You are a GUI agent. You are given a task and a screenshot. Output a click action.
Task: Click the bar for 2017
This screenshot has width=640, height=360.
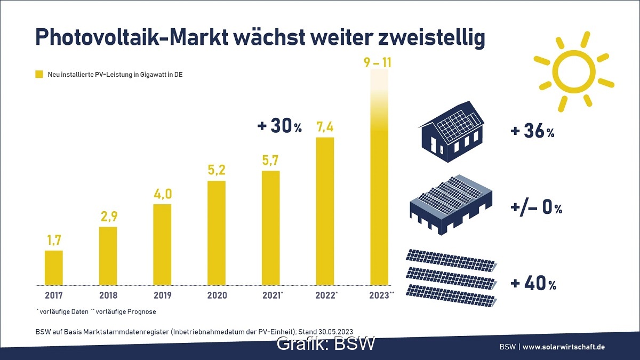pos(53,267)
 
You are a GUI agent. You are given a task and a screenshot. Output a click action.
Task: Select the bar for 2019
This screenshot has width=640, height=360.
pos(162,244)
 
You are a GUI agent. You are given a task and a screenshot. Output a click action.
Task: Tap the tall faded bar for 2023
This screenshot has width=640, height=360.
pos(379,181)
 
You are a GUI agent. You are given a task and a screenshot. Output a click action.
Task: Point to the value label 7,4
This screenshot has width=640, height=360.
pos(325,127)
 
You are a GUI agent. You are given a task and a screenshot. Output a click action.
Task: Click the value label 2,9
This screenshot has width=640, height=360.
pos(108,217)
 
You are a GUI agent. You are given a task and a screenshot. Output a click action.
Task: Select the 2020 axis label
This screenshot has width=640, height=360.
pos(217,295)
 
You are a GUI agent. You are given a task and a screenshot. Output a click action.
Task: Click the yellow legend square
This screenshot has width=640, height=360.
pos(38,75)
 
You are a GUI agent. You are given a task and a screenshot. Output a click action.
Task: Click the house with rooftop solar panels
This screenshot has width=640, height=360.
pos(453,133)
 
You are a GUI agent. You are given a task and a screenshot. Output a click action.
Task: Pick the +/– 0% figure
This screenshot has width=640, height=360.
pos(537,208)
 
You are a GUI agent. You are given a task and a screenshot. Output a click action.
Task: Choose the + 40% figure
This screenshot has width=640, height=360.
pos(533,284)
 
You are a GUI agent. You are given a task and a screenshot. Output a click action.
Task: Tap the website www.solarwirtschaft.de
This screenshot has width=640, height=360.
pos(564,347)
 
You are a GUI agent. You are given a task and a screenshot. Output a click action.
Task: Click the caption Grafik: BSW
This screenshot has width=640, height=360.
pos(326,343)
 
